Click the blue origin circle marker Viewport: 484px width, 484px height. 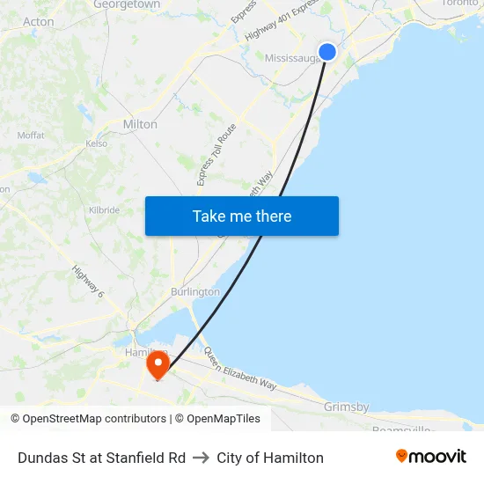coord(327,52)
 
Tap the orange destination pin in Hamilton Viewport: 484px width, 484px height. coord(158,363)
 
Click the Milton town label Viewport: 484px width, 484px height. coord(140,124)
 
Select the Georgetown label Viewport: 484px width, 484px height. coord(127,4)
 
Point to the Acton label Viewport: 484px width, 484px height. coord(39,22)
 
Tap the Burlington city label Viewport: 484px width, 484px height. coord(195,291)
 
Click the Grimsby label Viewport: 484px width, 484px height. coord(346,407)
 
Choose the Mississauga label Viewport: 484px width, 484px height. coord(291,58)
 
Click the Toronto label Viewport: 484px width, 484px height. coord(459,4)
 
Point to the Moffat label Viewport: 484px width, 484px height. coord(31,136)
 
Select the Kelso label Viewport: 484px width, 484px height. coord(97,143)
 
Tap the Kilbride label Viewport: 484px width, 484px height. coord(104,210)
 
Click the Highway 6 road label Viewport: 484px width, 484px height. coord(88,282)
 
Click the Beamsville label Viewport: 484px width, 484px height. coord(400,429)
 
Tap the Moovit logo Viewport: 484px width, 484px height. coord(431,456)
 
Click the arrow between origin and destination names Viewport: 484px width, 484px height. coord(202,458)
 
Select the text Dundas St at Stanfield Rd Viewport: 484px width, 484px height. coord(101,458)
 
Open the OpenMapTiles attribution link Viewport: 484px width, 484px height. coord(217,419)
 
